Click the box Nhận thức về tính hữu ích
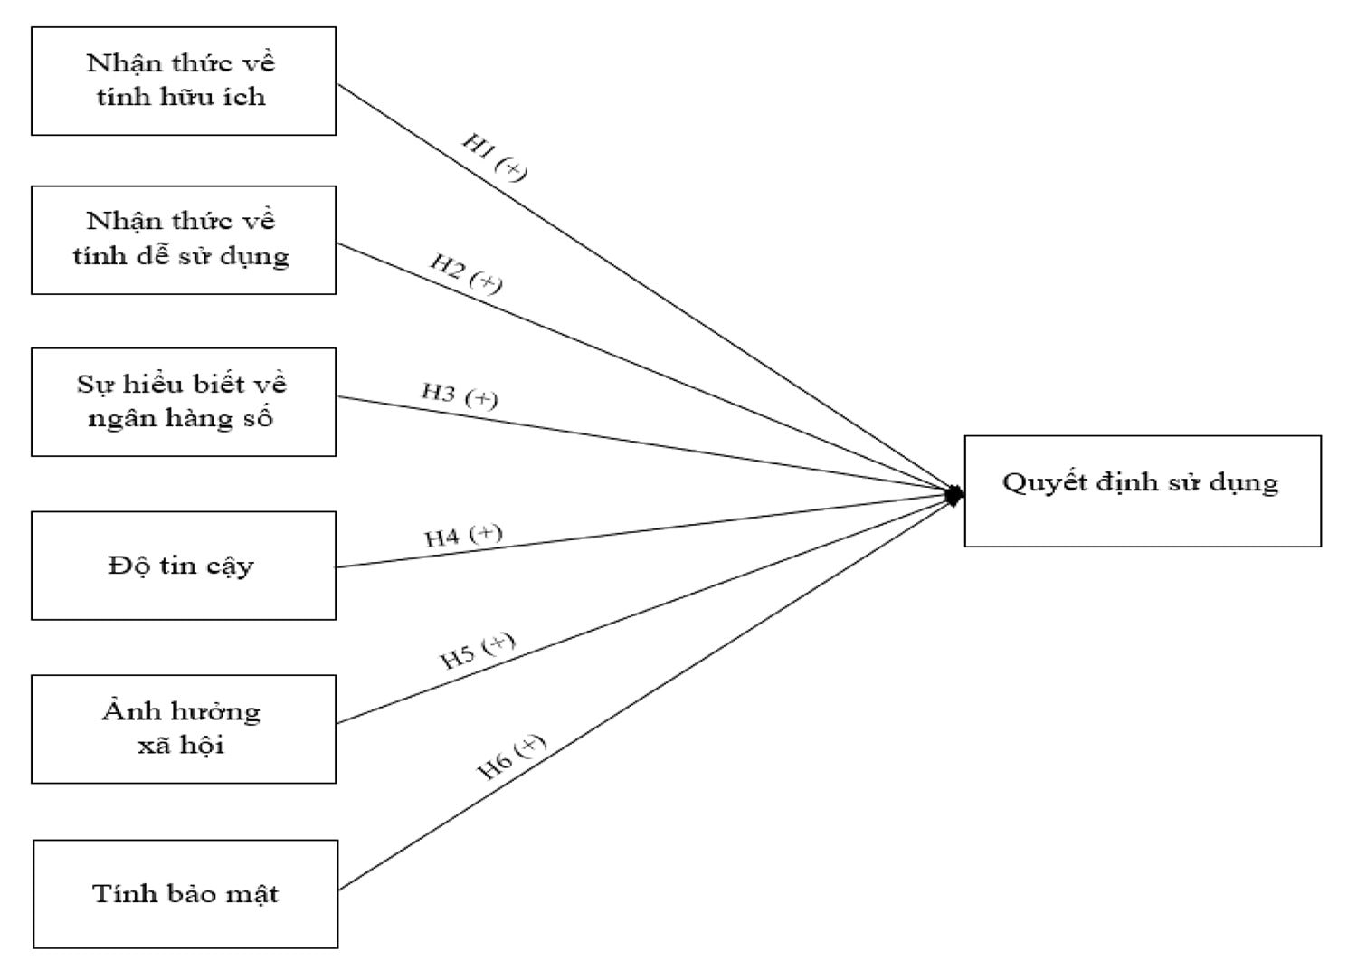click(184, 81)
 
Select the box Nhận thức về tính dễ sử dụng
click(184, 240)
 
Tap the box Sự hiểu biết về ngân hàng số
click(184, 402)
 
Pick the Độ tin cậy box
click(184, 566)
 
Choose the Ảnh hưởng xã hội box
click(184, 728)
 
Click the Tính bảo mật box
click(185, 894)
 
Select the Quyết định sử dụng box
click(1142, 490)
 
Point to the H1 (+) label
click(494, 157)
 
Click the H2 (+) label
click(465, 273)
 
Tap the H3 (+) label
click(460, 395)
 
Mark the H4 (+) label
click(463, 536)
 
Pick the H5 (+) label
click(478, 651)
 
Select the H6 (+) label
click(511, 757)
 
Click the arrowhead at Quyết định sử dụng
click(954, 495)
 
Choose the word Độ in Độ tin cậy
click(125, 566)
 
